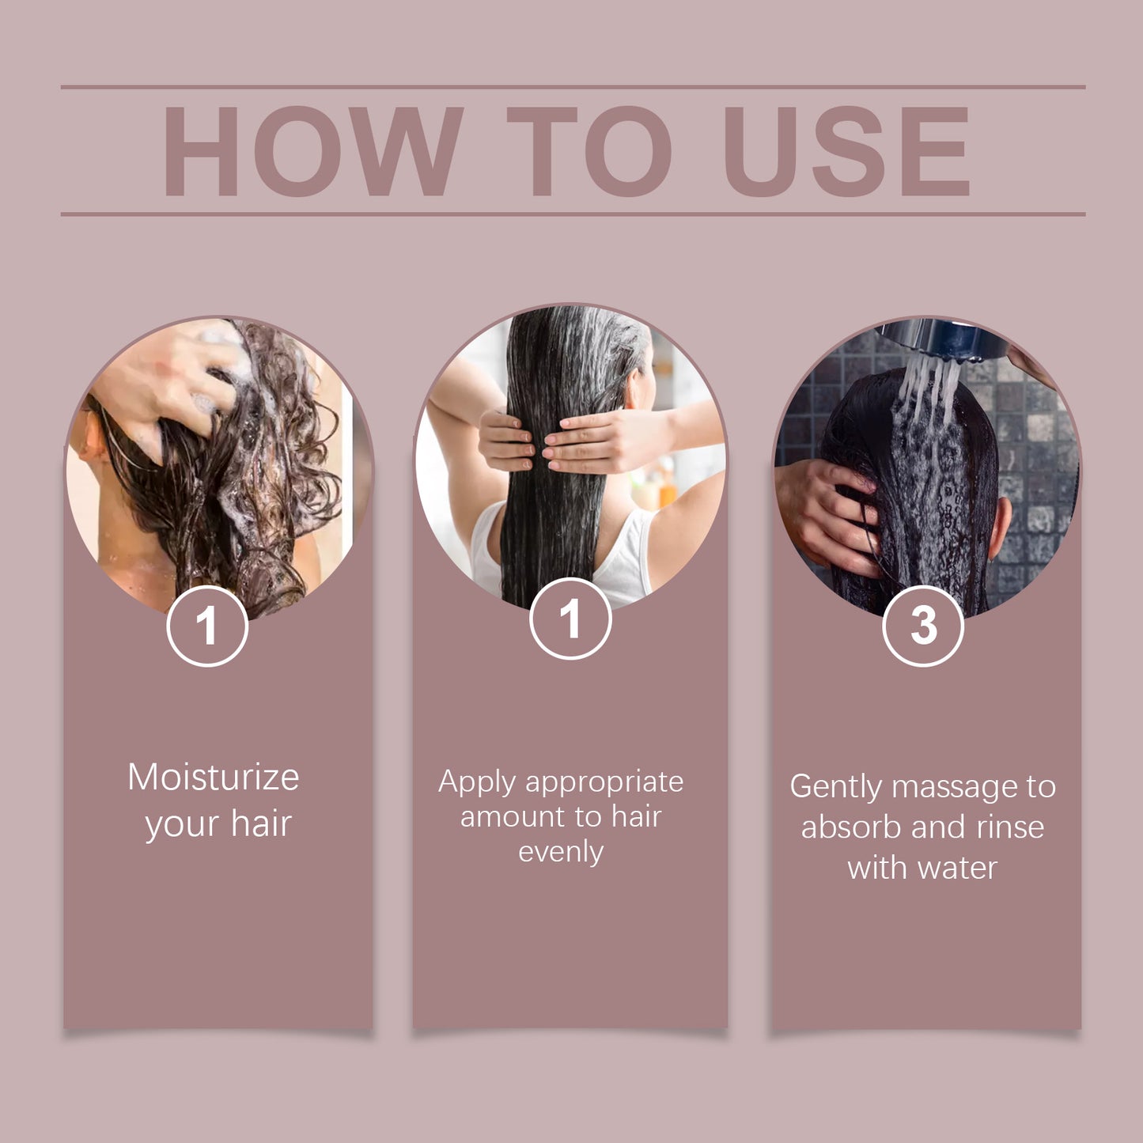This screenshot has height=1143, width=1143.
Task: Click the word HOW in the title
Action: click(x=312, y=151)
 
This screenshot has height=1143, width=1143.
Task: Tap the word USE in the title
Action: click(x=846, y=151)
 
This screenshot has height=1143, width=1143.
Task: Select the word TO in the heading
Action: click(x=589, y=151)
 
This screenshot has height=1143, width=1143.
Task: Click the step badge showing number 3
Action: click(x=923, y=626)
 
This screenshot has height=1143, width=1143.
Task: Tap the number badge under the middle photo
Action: click(x=570, y=618)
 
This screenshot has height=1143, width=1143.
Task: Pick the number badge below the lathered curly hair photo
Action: click(x=207, y=626)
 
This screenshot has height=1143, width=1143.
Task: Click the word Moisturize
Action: click(x=214, y=777)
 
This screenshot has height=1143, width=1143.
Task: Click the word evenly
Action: click(x=561, y=853)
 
